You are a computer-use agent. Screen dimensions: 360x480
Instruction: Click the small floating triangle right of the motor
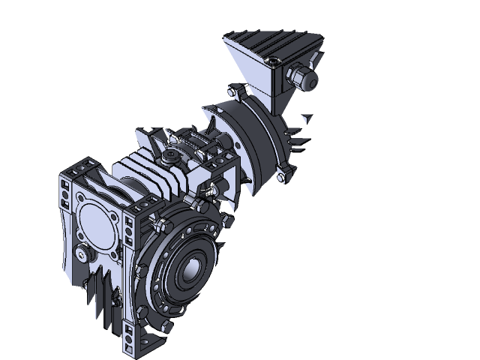[307, 118]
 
